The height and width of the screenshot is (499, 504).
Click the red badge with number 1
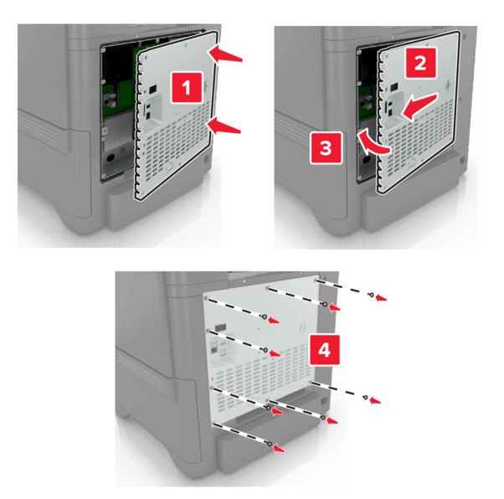tap(187, 87)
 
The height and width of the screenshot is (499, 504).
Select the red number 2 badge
tap(420, 63)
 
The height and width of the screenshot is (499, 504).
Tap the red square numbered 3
tap(326, 148)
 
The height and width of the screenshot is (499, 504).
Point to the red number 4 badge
tap(324, 350)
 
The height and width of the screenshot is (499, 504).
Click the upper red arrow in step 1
tap(225, 53)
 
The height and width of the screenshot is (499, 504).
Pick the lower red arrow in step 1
tap(224, 126)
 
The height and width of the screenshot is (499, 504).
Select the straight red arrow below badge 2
tap(419, 107)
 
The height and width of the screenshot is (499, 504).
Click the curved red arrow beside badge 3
tap(373, 144)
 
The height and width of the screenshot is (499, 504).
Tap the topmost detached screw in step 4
tap(372, 294)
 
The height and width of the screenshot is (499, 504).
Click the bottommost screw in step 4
tap(270, 444)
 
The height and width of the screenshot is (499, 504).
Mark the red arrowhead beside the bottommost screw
tap(279, 449)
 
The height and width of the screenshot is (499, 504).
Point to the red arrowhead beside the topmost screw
tap(382, 298)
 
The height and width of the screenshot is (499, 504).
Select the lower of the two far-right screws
tap(366, 398)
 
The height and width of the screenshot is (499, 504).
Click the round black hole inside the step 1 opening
tap(111, 158)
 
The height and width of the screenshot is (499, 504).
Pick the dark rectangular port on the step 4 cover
tap(220, 327)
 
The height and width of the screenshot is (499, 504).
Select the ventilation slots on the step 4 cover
tap(261, 376)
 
